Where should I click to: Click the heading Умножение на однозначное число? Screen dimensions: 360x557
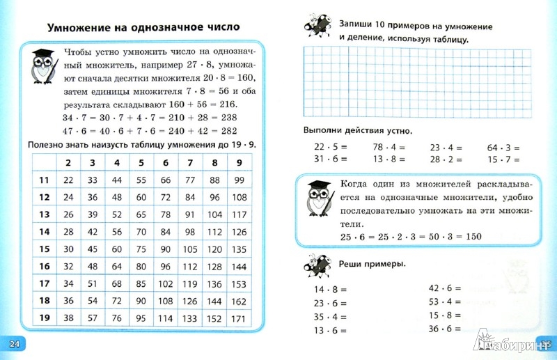point(143,28)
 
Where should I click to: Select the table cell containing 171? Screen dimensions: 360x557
point(238,318)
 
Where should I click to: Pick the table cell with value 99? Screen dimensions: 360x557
point(238,180)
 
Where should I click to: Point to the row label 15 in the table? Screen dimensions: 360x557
point(43,249)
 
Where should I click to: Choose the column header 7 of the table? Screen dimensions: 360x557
point(188,163)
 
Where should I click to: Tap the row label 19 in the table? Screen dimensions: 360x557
point(43,318)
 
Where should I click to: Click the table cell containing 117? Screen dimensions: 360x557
point(238,214)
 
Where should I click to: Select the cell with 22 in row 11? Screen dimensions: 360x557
point(68,180)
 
